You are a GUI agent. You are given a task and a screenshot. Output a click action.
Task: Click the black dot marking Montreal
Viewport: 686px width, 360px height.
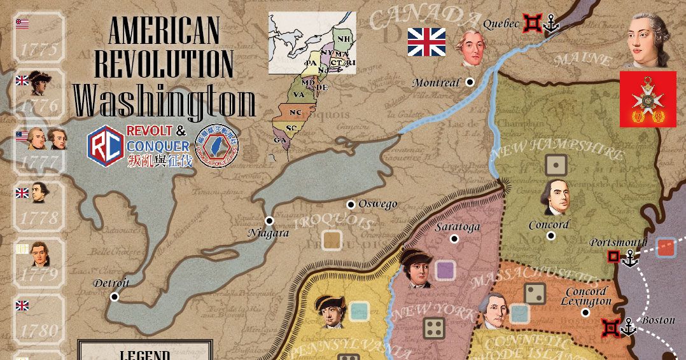tap(470, 82)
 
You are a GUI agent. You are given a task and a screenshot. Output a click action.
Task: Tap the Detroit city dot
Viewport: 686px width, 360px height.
tap(115, 296)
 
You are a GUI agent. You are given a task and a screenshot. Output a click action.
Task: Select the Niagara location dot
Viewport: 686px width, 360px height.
tap(269, 221)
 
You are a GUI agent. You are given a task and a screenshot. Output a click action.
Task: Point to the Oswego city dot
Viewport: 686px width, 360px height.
tap(350, 204)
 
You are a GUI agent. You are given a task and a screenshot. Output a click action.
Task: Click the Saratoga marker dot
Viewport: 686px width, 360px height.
tap(454, 239)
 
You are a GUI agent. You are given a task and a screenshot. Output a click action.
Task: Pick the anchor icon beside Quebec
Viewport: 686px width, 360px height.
tap(551, 24)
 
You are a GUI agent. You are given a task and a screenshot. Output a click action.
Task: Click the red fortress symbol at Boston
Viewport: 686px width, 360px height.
tap(612, 327)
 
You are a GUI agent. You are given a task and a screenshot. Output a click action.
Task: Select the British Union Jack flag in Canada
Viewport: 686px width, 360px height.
tap(426, 41)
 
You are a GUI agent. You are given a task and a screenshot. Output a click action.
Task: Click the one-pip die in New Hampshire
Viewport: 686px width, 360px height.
tap(556, 165)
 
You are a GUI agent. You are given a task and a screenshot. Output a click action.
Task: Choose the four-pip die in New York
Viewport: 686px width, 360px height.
tap(434, 328)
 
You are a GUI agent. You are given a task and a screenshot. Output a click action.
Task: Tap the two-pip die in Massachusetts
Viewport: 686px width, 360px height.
tap(534, 293)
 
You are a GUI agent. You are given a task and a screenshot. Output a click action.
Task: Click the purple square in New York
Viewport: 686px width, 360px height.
tap(445, 270)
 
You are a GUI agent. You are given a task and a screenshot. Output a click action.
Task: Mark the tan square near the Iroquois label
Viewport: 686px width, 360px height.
tap(332, 240)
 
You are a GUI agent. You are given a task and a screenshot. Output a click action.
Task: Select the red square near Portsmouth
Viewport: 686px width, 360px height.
tap(666, 247)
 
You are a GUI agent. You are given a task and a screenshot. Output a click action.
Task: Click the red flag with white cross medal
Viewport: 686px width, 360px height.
tap(648, 99)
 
